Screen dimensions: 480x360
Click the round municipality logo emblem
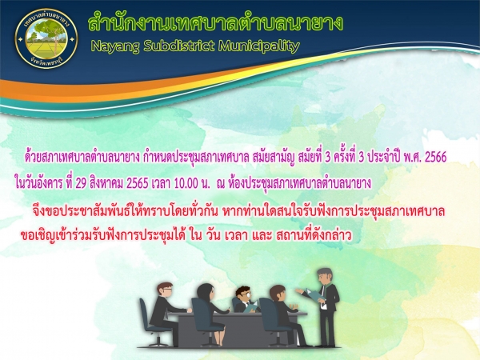pyautogui.click(x=46, y=39)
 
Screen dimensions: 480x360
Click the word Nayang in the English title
pyautogui.click(x=115, y=46)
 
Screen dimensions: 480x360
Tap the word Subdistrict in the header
pyautogui.click(x=178, y=46)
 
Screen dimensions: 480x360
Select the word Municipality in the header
pyautogui.click(x=258, y=46)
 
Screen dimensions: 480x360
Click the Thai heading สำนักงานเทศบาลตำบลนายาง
pyautogui.click(x=215, y=22)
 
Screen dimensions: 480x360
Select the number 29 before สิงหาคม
pyautogui.click(x=81, y=183)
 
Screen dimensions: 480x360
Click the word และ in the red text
pyautogui.click(x=262, y=236)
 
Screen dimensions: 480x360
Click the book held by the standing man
pyautogui.click(x=315, y=294)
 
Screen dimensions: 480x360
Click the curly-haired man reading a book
pyautogui.click(x=245, y=299)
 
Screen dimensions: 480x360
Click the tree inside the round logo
pyautogui.click(x=46, y=30)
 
